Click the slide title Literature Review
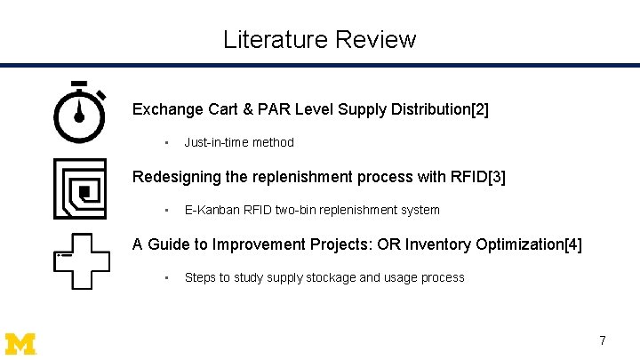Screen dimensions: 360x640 click(319, 39)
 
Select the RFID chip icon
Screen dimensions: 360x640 click(80, 188)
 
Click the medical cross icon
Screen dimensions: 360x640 click(82, 260)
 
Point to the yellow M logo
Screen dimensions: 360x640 click(20, 343)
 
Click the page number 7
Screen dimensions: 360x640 click(603, 340)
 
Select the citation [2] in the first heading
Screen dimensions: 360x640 click(480, 109)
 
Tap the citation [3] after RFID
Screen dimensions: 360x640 click(497, 177)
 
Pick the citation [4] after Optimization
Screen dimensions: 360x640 click(573, 244)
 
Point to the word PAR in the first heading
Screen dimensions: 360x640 click(272, 109)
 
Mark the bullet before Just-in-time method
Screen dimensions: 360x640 click(166, 142)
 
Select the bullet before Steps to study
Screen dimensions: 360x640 click(166, 277)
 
